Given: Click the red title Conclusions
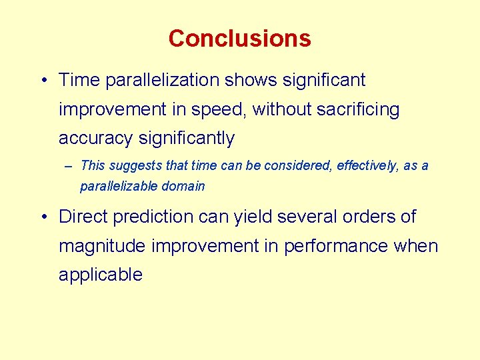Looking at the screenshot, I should pos(239,38).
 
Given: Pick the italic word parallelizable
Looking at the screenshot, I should pos(116,187).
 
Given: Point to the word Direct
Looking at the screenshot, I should pos(84,217).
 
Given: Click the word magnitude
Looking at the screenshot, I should pos(102,246).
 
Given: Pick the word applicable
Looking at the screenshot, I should pos(101,275).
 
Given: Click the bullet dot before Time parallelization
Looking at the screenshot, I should pos(42,81).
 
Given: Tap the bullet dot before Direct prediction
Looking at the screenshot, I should pos(42,217).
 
